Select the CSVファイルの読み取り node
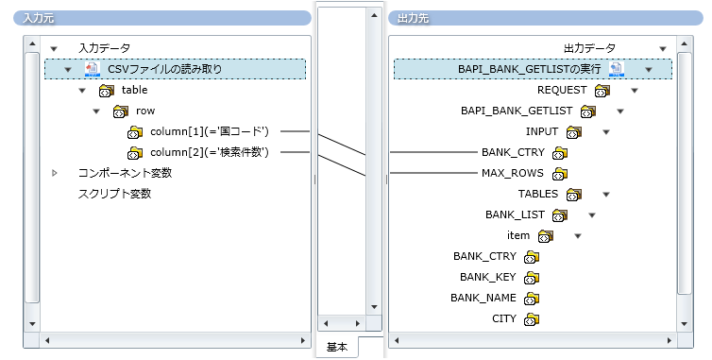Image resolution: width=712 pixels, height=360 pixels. point(164,69)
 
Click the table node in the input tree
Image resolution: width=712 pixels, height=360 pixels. point(134,90)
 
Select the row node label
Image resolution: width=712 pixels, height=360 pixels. point(145,111)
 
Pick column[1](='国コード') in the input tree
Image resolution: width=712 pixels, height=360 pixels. point(210,131)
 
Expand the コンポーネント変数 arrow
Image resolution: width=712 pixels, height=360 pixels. point(55,173)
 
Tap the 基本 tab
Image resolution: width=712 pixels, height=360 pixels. point(337,347)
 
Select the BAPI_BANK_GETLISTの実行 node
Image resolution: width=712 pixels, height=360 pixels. point(532,69)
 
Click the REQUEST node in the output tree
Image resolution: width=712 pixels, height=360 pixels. point(562,90)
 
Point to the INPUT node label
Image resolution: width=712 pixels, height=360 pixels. point(542,131)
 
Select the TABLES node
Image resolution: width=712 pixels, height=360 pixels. point(537,194)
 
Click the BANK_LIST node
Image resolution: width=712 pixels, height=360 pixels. point(516,214)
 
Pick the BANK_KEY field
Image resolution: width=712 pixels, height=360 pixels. point(488,277)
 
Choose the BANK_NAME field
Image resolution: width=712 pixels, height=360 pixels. point(484,298)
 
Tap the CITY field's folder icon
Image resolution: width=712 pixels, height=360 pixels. point(531,319)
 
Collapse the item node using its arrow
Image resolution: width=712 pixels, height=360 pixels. point(577,235)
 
